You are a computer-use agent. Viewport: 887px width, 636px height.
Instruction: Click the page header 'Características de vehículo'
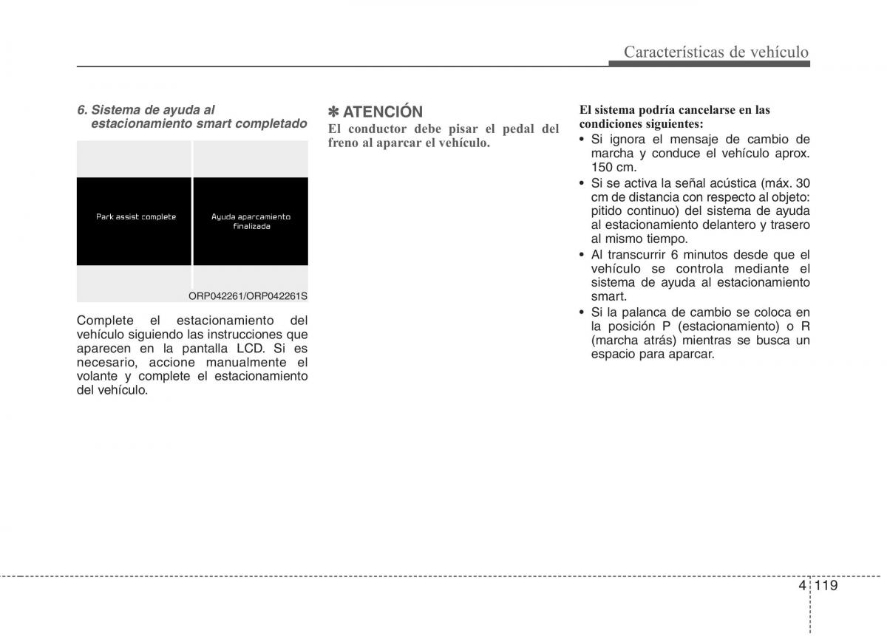[716, 52]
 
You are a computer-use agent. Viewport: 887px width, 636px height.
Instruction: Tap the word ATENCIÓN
[383, 112]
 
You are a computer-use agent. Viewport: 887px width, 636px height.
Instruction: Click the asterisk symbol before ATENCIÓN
[333, 112]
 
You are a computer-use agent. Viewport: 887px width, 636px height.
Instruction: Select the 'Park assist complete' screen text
[136, 217]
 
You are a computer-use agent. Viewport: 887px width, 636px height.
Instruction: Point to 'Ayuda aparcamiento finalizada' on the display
[251, 222]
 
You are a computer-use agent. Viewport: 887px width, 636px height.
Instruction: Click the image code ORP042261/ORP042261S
[247, 296]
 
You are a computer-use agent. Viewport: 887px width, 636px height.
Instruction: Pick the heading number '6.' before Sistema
[82, 110]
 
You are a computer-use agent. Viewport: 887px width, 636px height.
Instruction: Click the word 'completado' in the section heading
[272, 123]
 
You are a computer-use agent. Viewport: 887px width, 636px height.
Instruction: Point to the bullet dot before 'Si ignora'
[582, 140]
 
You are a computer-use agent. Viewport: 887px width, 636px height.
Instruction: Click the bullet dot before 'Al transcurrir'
[582, 255]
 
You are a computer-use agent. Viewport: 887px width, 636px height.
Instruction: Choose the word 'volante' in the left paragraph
[98, 376]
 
